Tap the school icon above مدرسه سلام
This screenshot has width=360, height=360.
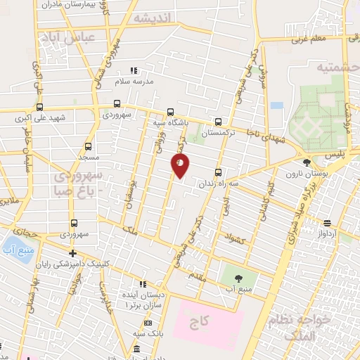(134, 70)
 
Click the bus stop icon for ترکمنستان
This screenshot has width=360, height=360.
(218, 121)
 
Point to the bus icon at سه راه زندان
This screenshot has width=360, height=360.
(217, 172)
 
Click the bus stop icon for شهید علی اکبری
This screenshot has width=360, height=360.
(39, 108)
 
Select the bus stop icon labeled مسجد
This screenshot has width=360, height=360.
(88, 146)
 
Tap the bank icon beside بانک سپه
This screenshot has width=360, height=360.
(147, 323)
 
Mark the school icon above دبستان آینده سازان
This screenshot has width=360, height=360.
(143, 284)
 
